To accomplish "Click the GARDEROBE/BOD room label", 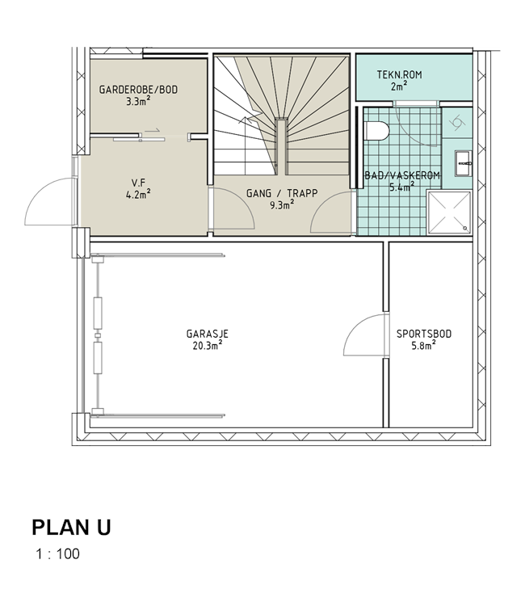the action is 138,90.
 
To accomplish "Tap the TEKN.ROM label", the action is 400,74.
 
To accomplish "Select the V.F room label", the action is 138,183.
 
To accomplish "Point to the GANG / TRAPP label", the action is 282,193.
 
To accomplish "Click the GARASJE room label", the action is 208,334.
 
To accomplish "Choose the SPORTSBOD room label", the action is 424,334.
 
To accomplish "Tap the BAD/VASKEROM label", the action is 402,176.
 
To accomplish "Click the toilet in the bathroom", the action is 376,130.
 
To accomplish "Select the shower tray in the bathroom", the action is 450,213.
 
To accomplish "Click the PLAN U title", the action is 71,528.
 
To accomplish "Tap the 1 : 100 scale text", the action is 58,553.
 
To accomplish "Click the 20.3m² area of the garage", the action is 208,345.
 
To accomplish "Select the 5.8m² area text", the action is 424,345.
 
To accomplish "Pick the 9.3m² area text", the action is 282,205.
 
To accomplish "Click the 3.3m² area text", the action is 138,101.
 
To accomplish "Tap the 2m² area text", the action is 400,86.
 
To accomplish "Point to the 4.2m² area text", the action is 138,194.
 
